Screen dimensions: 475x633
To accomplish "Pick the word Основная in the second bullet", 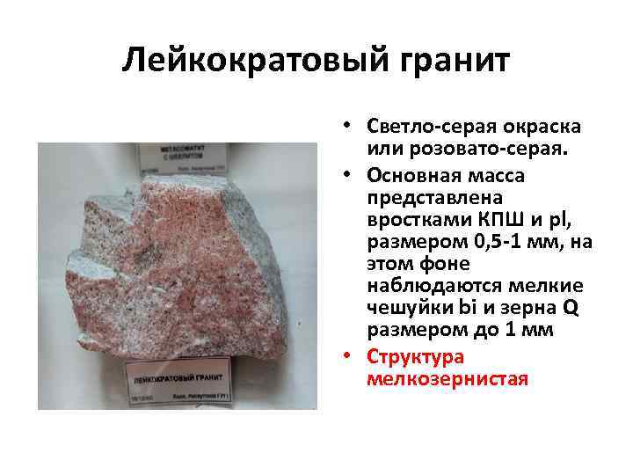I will (411, 174).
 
